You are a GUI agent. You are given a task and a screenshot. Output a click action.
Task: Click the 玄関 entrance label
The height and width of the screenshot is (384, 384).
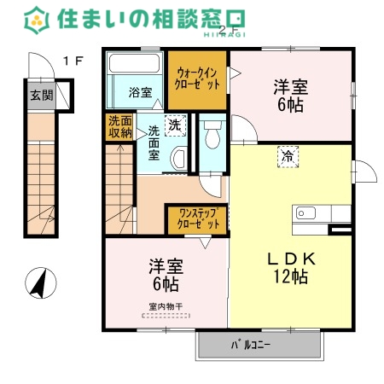click(42, 96)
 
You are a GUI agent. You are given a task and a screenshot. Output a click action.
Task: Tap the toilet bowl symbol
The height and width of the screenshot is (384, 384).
click(212, 135)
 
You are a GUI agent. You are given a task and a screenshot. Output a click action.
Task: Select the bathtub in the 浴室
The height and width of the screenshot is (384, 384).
click(134, 63)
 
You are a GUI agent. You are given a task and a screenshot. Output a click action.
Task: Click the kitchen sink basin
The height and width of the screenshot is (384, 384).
click(305, 213)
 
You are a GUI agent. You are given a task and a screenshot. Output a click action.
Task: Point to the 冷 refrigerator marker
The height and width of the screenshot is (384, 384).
click(288, 157)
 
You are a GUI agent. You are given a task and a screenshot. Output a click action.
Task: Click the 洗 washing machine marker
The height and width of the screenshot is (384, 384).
click(175, 125)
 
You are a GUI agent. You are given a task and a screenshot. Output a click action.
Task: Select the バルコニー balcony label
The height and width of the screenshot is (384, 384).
click(250, 345)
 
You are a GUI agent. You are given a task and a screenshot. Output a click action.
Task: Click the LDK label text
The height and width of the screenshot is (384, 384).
click(291, 259)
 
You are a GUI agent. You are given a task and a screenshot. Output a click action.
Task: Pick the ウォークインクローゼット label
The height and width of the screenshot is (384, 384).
click(197, 79)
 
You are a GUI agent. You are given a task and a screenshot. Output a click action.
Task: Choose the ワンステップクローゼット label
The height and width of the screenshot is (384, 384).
click(198, 219)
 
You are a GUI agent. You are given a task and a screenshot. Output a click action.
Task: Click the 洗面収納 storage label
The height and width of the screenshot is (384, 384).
click(120, 127)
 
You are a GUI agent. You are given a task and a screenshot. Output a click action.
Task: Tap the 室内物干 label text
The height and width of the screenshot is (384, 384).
click(166, 306)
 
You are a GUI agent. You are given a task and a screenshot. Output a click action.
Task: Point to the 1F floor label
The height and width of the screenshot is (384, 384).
click(73, 61)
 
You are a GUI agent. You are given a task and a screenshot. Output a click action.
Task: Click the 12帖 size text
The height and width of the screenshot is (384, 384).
click(291, 276)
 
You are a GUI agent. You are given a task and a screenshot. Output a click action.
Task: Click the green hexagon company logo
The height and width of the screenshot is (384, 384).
click(37, 20)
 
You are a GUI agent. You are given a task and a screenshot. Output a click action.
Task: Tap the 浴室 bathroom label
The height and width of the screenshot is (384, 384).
click(140, 92)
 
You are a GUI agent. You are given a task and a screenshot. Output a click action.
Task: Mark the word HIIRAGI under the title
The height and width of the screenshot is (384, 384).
click(224, 35)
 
